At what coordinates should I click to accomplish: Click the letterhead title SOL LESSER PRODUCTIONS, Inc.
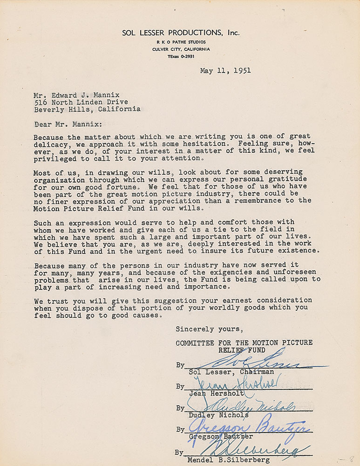point(181,33)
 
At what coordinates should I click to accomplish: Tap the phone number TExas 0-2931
point(181,56)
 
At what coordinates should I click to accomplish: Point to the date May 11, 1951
point(225,71)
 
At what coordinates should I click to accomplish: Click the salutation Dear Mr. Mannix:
point(70,124)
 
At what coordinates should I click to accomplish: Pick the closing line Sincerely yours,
point(209,329)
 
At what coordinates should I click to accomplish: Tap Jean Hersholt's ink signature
point(235,383)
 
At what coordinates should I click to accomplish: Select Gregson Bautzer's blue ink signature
point(249,428)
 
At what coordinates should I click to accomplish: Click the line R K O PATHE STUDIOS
point(181,42)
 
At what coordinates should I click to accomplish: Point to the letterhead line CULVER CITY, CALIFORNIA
point(181,49)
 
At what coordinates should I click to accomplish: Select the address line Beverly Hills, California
point(87,110)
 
